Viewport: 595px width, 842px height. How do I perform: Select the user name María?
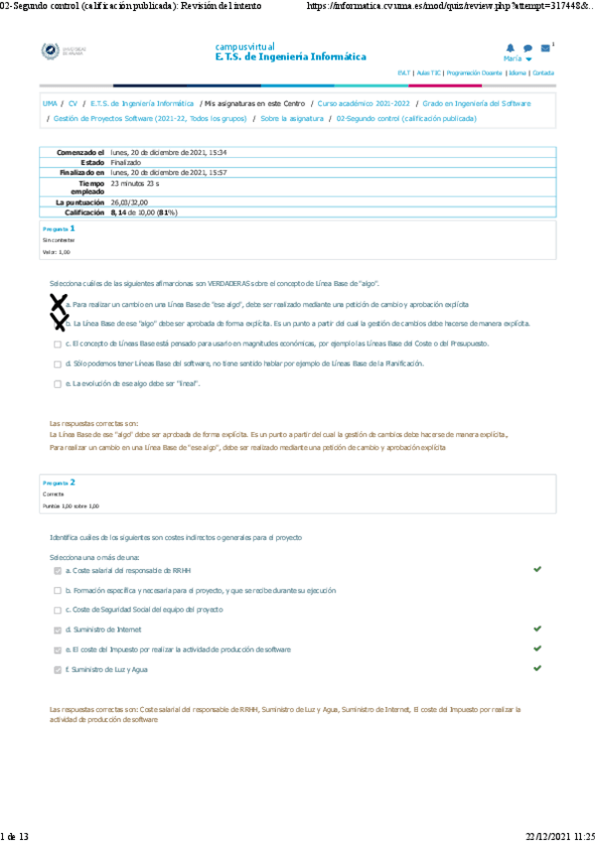[x=513, y=60]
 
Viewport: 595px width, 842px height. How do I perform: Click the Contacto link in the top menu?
[x=543, y=73]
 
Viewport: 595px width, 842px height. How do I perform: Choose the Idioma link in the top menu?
[x=518, y=73]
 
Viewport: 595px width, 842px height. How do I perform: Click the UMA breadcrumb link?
[x=50, y=103]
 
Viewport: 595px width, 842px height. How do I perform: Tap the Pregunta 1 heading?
[x=59, y=228]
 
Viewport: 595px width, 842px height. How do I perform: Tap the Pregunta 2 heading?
[x=59, y=483]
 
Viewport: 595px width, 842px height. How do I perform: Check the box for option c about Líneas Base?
[x=58, y=344]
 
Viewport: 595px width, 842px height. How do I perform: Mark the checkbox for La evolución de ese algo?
[x=58, y=383]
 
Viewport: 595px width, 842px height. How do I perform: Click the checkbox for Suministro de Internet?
[x=58, y=630]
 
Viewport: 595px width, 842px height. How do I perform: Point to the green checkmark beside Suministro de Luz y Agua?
[x=537, y=668]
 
